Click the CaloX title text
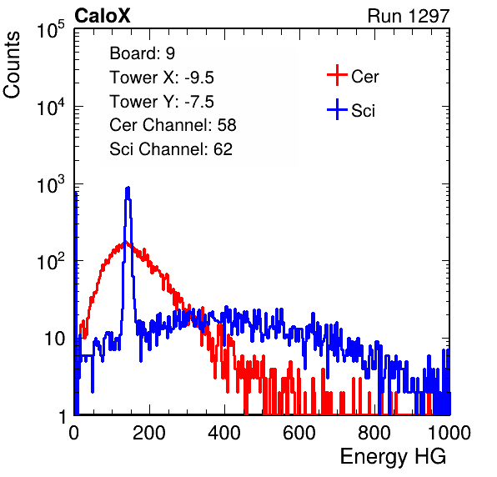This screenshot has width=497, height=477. tap(102, 16)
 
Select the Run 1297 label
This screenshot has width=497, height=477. tap(409, 16)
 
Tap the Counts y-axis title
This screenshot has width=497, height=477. tap(12, 65)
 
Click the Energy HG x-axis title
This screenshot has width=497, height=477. tap(393, 457)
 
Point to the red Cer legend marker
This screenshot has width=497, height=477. tap(337, 75)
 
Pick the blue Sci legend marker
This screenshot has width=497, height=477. tap(337, 109)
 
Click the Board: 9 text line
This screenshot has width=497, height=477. tap(143, 53)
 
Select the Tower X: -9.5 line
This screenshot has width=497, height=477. tap(162, 78)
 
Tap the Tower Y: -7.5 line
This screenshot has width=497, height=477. tap(162, 102)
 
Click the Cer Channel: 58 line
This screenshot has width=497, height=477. tap(173, 125)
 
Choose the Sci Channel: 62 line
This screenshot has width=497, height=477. tap(171, 149)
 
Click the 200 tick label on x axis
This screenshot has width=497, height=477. tap(149, 433)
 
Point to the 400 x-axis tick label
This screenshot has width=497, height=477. tap(224, 433)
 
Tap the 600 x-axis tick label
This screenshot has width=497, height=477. tap(299, 433)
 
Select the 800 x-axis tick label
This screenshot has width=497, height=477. tap(374, 433)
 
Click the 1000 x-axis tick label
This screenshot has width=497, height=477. tap(449, 433)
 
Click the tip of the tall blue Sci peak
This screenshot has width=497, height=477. tap(128, 188)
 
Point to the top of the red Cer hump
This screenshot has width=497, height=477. tap(124, 243)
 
